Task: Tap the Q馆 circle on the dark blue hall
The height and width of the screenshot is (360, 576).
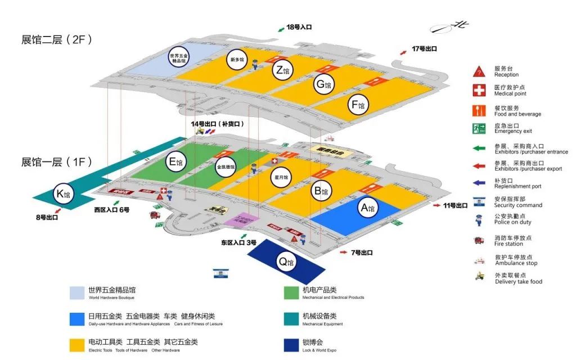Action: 285,262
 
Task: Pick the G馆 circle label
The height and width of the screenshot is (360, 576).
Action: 323,85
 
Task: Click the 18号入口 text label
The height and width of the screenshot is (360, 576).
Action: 299,27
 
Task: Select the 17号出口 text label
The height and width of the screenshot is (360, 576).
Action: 425,49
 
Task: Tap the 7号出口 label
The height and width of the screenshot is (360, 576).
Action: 361,253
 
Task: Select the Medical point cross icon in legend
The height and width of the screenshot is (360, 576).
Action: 479,91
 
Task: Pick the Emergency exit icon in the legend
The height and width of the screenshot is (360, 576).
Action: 479,128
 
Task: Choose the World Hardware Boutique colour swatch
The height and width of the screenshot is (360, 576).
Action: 77,293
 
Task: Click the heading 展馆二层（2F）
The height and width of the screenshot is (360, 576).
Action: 56,40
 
